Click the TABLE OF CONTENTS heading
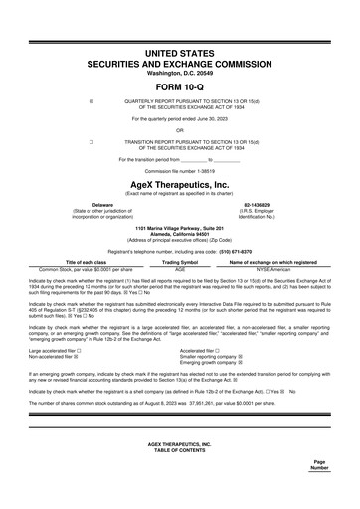pos(180,477)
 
